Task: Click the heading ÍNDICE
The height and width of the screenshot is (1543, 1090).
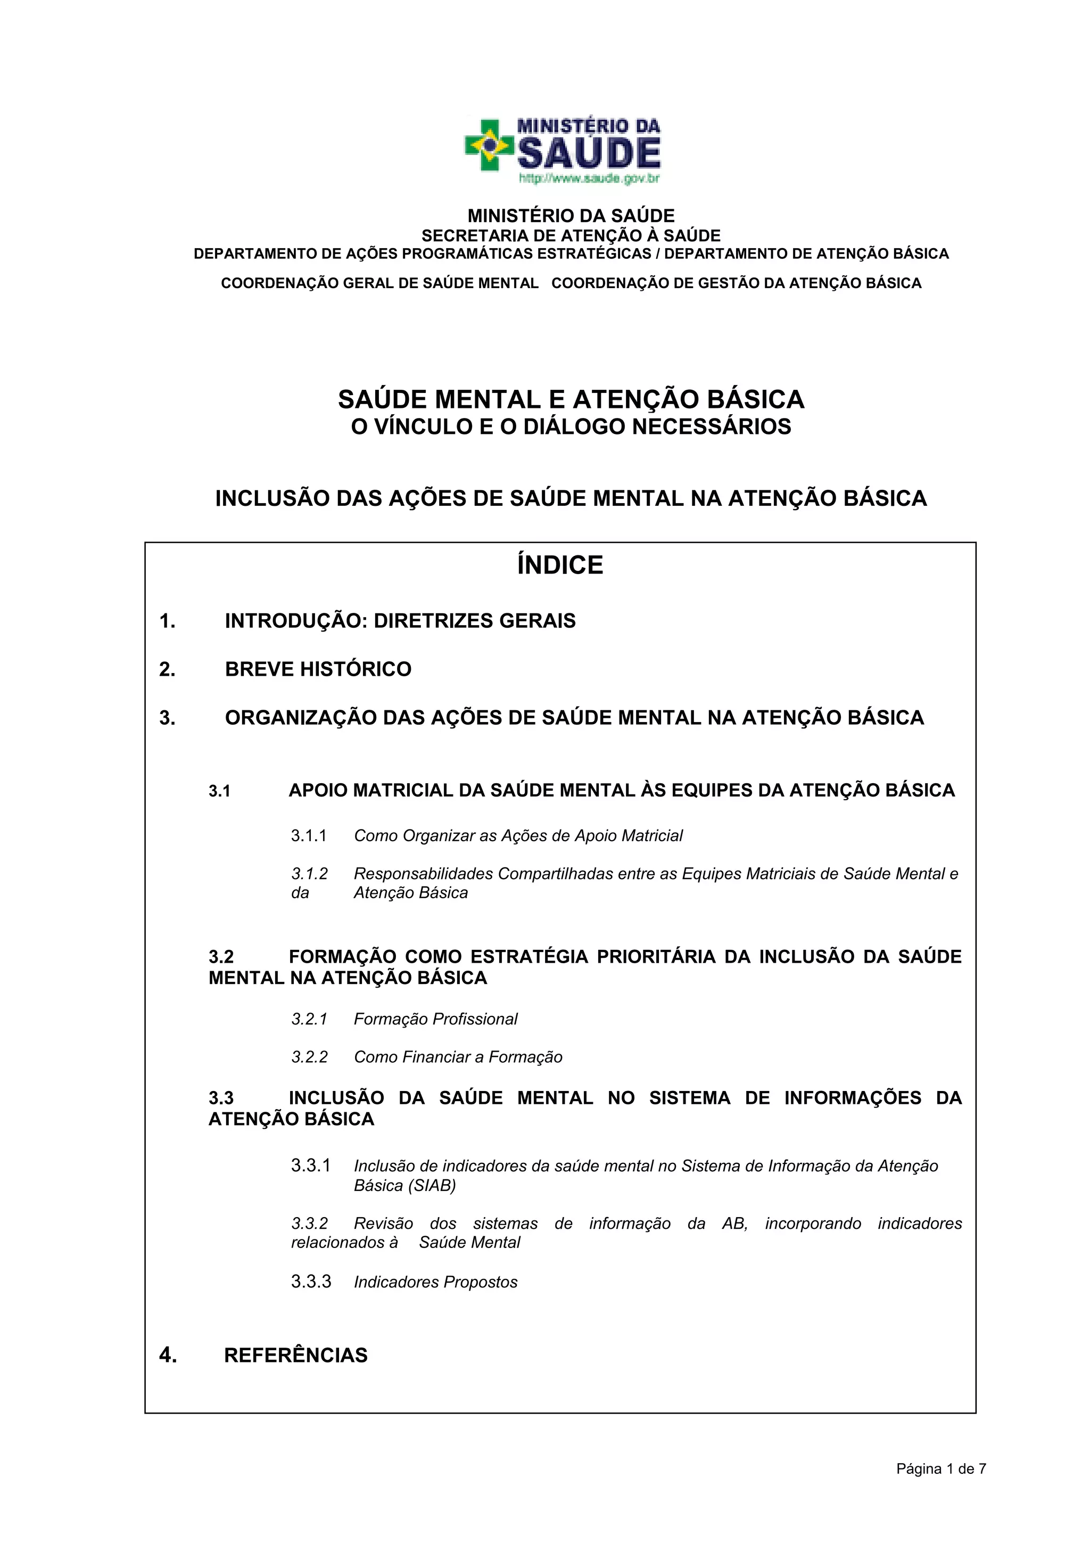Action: pos(560,565)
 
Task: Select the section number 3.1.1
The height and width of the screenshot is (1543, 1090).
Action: pos(309,836)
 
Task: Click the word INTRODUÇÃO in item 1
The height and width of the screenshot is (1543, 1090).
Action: pos(296,621)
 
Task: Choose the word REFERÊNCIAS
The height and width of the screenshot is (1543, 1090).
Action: pos(295,1356)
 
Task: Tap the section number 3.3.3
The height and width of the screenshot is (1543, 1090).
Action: pos(311,1282)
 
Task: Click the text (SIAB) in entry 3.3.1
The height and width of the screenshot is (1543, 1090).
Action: pos(432,1186)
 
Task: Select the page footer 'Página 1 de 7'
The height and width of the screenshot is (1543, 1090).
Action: pos(941,1469)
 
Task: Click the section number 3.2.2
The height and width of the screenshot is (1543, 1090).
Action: pos(309,1057)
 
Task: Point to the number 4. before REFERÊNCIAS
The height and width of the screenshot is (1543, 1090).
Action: pos(168,1356)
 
